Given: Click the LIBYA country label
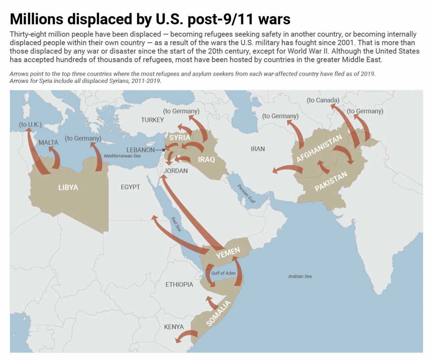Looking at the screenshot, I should click(68, 187).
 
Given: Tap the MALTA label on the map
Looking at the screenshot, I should click(49, 143).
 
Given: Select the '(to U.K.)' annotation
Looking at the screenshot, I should click(30, 125).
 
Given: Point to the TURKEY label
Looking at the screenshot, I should click(152, 120).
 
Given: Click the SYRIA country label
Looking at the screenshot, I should click(180, 137).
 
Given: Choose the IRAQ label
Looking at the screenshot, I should click(206, 160).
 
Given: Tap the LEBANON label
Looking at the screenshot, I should click(140, 150).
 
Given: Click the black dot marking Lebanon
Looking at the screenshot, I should click(164, 150).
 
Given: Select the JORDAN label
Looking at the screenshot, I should click(175, 171).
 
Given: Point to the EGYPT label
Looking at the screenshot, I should click(130, 187).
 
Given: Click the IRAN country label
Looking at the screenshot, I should click(258, 149).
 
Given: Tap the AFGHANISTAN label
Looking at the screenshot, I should click(319, 148).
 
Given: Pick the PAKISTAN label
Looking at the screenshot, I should click(331, 181).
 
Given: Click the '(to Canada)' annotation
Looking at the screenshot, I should click(323, 100).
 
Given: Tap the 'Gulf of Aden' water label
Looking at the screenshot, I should click(223, 273).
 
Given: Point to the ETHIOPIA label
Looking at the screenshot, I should click(179, 284).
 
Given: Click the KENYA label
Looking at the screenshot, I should click(174, 327).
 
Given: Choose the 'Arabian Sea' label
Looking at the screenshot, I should click(300, 276).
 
